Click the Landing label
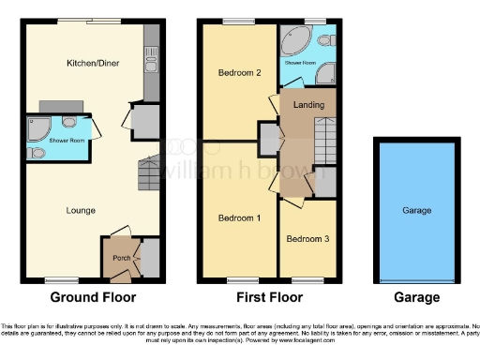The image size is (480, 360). coord(308,104)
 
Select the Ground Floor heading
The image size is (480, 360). coord(93,298)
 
